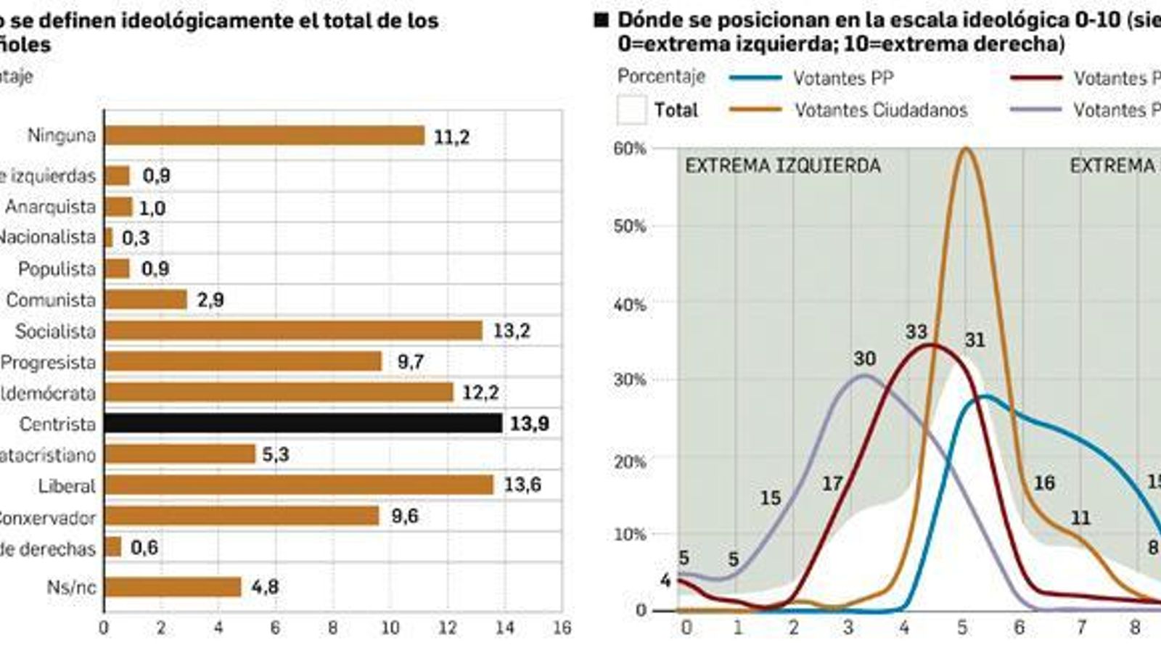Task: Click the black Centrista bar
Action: [x=303, y=423]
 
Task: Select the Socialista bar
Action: [x=293, y=331]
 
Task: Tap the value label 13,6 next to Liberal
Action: [x=522, y=485]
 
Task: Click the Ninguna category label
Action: [x=62, y=136]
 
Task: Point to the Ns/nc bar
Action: [x=173, y=587]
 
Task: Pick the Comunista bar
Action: [x=146, y=300]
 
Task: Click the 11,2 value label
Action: [x=451, y=136]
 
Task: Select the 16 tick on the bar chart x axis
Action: [x=562, y=628]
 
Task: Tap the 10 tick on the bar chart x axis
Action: [x=390, y=628]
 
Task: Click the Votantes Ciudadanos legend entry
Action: [x=880, y=110]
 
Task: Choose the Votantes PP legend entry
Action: [x=842, y=78]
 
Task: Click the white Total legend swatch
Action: [x=631, y=110]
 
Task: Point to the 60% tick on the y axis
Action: [x=629, y=149]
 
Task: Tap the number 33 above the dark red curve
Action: [x=916, y=332]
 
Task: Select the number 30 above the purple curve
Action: [x=864, y=358]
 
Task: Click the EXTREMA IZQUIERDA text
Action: [x=782, y=166]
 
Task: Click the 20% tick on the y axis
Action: [x=629, y=461]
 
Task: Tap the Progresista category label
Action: [x=48, y=362]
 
